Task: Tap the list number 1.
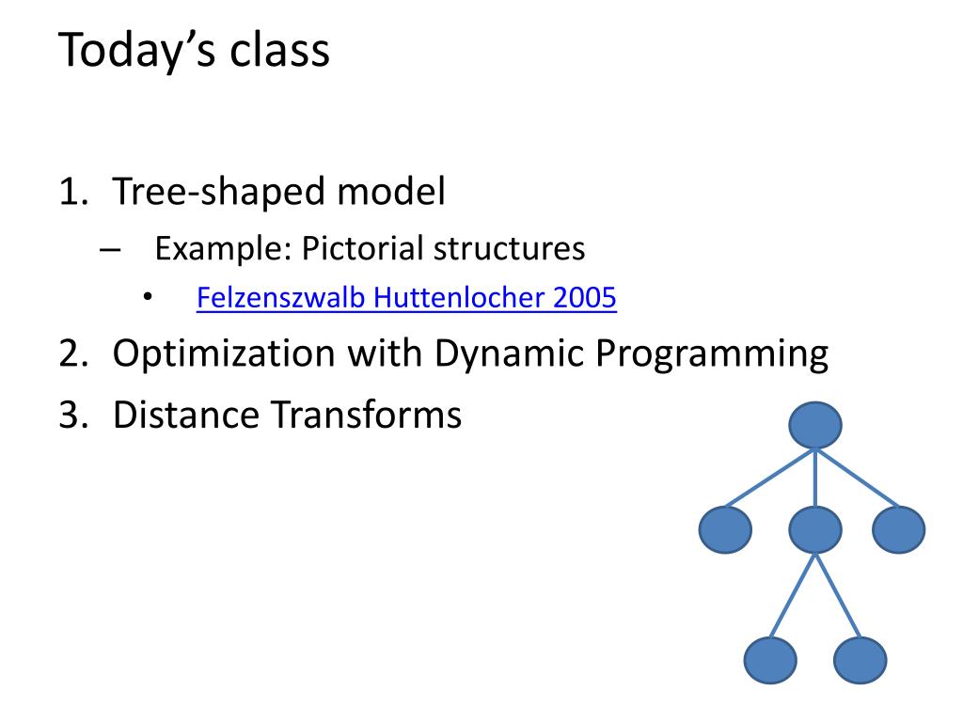pos(73,191)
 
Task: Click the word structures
pos(509,249)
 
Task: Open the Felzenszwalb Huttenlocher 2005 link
pos(406,298)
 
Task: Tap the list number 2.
pos(73,353)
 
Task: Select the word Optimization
pos(224,353)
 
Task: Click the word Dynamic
pos(508,354)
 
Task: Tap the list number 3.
pos(73,415)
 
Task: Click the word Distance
pos(185,415)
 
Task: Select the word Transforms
pos(366,415)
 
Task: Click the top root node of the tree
pos(815,425)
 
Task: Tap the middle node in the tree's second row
pos(815,529)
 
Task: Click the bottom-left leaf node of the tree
pos(770,660)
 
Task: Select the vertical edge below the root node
pos(815,478)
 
